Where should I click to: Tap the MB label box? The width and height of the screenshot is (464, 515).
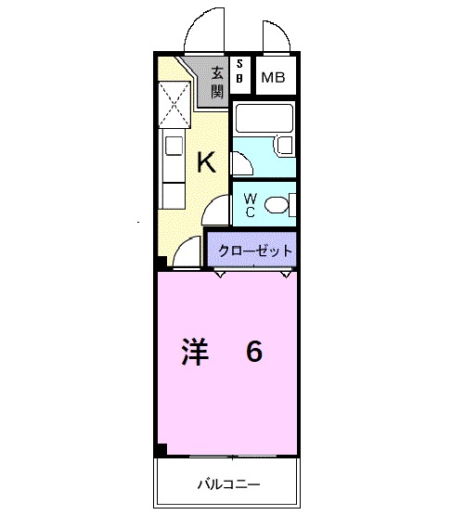tap(273, 78)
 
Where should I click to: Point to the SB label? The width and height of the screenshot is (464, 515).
tap(240, 71)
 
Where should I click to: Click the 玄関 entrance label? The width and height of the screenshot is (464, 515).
tap(216, 82)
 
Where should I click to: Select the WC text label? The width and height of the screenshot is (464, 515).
tap(251, 205)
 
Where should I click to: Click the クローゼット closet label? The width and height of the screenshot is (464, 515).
tap(250, 251)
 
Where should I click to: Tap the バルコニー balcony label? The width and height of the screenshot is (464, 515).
tap(228, 484)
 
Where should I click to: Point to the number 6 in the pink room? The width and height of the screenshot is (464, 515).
tap(253, 353)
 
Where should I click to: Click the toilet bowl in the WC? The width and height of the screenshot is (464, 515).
tap(276, 204)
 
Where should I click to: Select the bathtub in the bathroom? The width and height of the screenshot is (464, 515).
tap(264, 119)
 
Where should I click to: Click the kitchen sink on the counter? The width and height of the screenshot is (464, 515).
tap(174, 146)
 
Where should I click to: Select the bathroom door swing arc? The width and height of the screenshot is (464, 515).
tap(241, 163)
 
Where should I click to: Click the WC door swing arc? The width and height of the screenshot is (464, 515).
tap(218, 212)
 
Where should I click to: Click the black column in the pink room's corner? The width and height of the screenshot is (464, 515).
tap(161, 451)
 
